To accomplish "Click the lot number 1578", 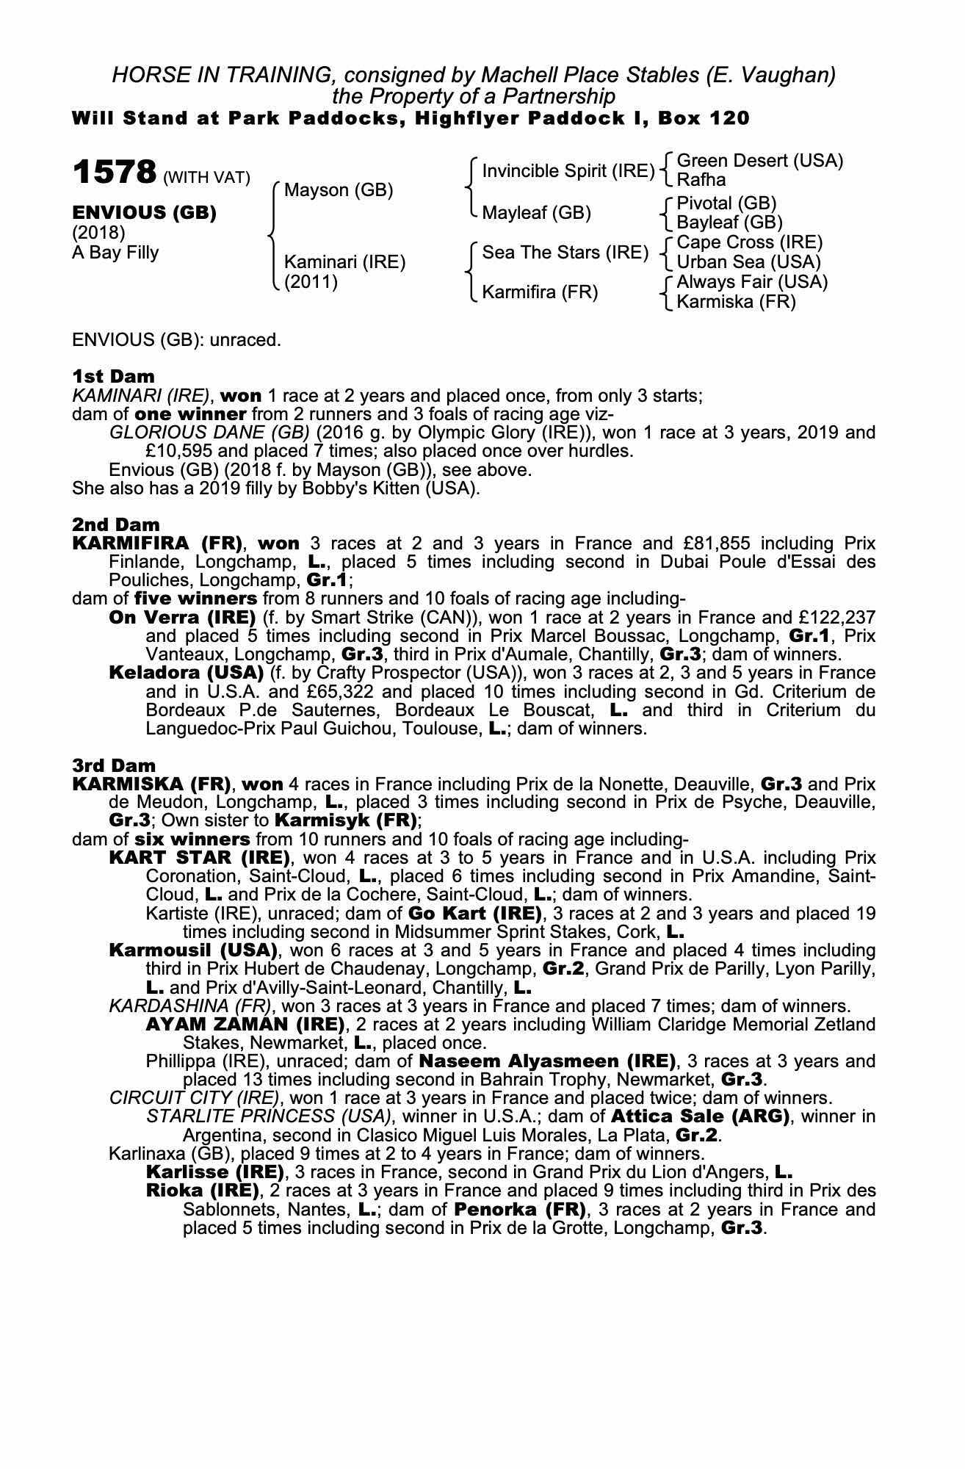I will (x=114, y=173).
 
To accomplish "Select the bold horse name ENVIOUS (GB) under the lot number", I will (x=144, y=213).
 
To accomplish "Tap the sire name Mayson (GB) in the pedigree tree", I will (x=339, y=190).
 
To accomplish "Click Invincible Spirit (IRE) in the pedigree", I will (x=568, y=171).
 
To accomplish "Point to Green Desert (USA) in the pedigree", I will (x=759, y=161).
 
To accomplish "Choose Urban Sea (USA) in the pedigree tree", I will (x=748, y=262).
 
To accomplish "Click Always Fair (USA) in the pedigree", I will (x=751, y=282).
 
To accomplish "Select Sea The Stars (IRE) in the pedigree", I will (x=565, y=253).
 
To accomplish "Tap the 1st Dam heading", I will (x=113, y=377).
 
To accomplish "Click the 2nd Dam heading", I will (x=115, y=524).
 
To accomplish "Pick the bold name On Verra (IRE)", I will (x=182, y=617).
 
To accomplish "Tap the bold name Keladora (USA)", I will (x=186, y=673).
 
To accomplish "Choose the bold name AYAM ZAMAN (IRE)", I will (x=245, y=1024).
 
